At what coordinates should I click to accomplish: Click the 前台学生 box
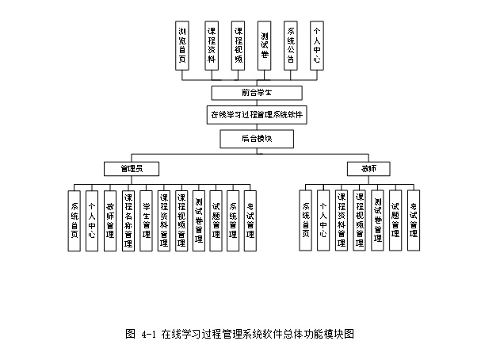tap(246, 94)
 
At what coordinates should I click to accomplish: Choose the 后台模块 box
tap(246, 138)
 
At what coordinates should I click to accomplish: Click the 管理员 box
tap(131, 168)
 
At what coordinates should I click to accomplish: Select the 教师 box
tap(368, 168)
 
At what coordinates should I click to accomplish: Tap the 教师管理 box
tap(110, 219)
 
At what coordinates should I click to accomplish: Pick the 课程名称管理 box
tap(128, 219)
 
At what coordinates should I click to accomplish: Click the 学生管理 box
tap(147, 219)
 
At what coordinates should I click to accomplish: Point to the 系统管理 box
tap(233, 219)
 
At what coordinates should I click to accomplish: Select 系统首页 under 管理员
tap(74, 219)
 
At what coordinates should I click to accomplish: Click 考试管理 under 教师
tap(414, 219)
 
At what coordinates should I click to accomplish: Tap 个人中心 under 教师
tap(323, 219)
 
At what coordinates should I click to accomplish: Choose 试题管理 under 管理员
tap(216, 219)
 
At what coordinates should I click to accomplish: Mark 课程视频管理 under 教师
tap(360, 219)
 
